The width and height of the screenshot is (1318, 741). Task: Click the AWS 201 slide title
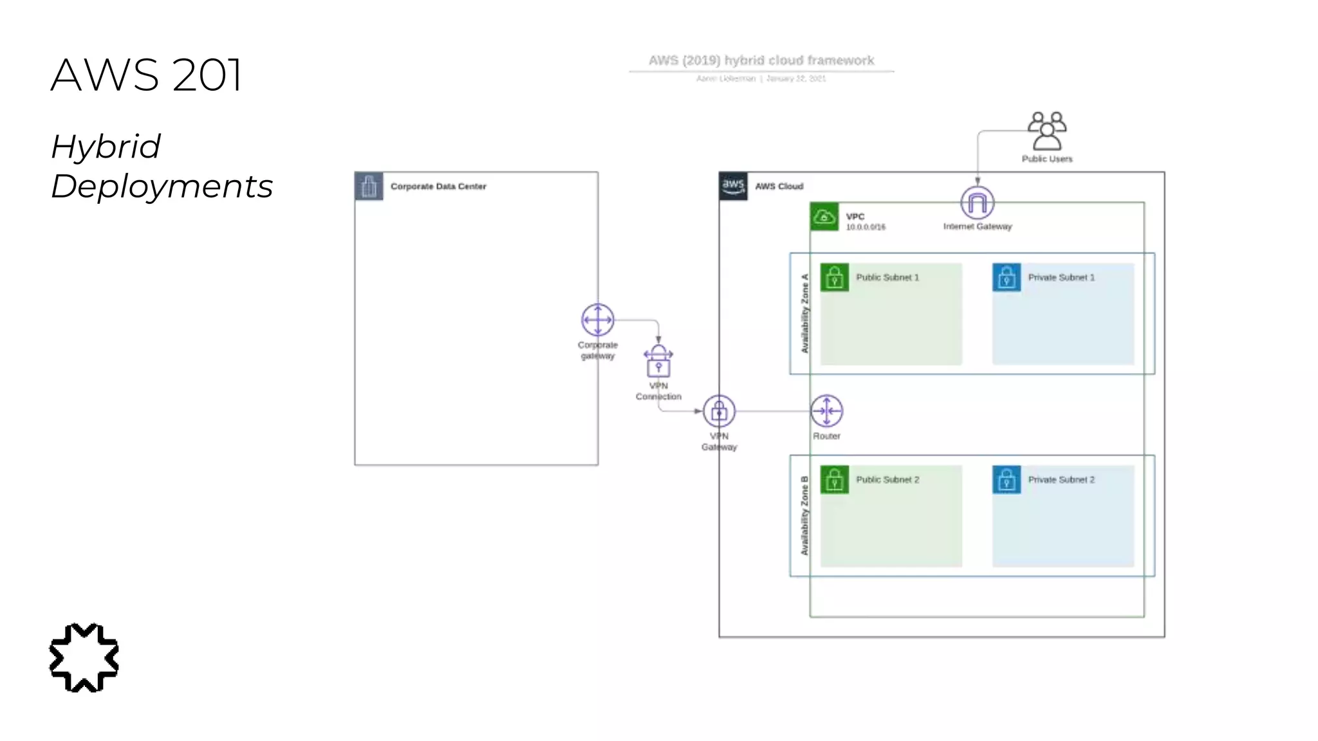pos(147,75)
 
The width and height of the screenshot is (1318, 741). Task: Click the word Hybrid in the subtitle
pos(106,147)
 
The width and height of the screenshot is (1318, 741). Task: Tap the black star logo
pos(84,657)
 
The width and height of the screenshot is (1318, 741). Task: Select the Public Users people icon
pos(1046,131)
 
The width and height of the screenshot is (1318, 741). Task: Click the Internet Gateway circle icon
pos(977,203)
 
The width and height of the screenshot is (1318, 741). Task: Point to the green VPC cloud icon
pos(824,217)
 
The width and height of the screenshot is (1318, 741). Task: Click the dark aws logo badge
pos(733,186)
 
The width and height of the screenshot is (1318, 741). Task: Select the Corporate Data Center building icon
pos(369,187)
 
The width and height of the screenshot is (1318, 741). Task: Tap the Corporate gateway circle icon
pos(597,320)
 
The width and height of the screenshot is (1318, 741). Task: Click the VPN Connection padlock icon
pos(658,361)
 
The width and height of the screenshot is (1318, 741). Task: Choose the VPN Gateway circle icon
pos(719,411)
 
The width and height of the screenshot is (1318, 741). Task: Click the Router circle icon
pos(826,411)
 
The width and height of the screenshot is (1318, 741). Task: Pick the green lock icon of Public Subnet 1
pos(835,277)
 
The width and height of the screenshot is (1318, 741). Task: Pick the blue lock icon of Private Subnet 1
pos(1007,277)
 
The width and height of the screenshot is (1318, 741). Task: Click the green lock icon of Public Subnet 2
pos(835,480)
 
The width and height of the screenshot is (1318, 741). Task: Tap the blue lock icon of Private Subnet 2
pos(1007,480)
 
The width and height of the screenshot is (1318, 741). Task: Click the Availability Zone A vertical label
pos(804,313)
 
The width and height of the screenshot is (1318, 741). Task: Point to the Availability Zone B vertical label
pos(804,516)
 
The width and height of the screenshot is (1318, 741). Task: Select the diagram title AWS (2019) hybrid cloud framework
pos(761,60)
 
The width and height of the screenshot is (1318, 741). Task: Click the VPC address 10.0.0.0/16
pos(866,227)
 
